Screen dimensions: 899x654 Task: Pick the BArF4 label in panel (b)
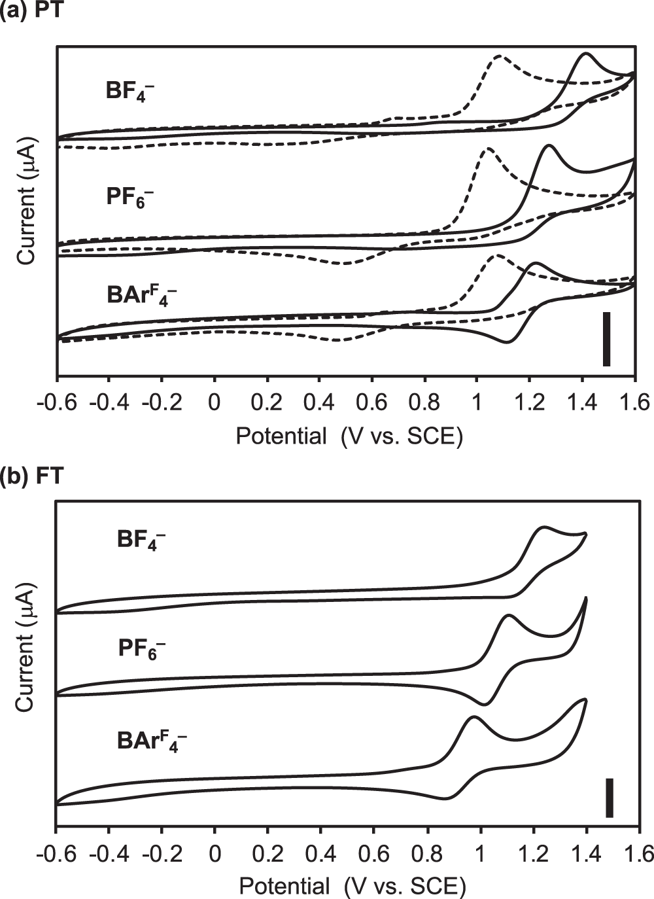point(152,741)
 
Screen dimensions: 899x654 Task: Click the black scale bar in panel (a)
point(606,339)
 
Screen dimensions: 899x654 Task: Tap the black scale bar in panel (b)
point(609,798)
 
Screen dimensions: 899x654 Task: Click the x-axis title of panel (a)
point(349,436)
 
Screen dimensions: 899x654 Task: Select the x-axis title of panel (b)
point(352,886)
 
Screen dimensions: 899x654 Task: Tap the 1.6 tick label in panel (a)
point(634,402)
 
